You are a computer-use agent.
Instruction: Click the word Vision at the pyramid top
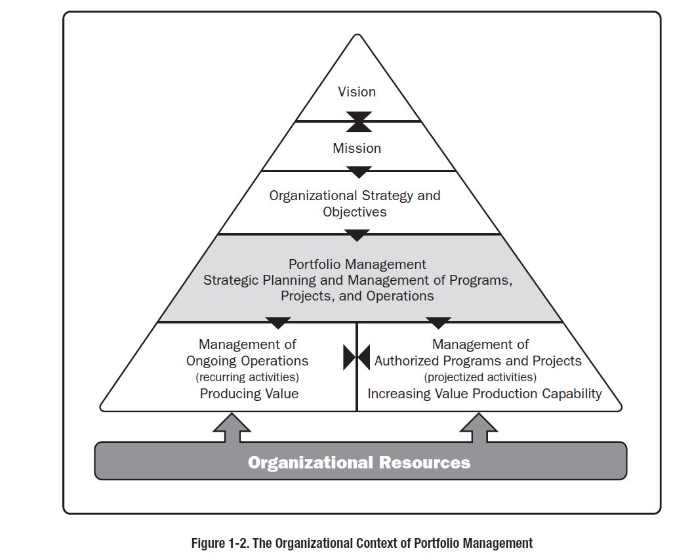coord(357,92)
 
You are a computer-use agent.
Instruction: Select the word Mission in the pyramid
coord(357,148)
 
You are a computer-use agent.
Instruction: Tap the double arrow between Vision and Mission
coord(359,122)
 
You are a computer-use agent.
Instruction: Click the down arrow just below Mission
coord(359,173)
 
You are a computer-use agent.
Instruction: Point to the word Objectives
coord(354,212)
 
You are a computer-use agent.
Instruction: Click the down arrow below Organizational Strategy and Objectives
coord(358,235)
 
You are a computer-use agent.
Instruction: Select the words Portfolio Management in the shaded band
coord(357,264)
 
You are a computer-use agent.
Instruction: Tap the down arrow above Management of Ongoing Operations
coord(278,323)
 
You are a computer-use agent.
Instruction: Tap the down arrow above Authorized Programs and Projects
coord(438,323)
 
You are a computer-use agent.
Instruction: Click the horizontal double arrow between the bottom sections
coord(357,358)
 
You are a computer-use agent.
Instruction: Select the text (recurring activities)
coord(247,377)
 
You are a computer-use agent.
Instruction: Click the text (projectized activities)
coord(480,377)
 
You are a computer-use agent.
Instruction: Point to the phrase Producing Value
coord(249,394)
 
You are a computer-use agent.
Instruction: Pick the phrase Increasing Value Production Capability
coord(485,394)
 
